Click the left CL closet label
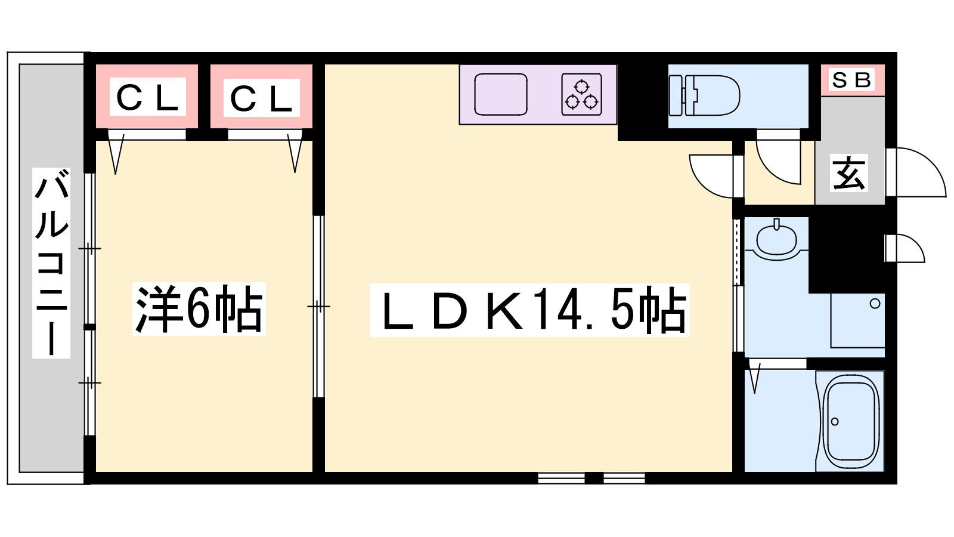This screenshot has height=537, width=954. click(x=147, y=97)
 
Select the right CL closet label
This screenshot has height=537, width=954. click(x=262, y=98)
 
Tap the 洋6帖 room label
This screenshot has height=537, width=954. click(x=199, y=308)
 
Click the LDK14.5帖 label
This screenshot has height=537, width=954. click(x=529, y=310)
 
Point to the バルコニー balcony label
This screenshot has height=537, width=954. click(x=51, y=263)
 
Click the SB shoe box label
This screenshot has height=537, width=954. click(x=851, y=80)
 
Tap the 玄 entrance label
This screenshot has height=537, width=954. click(x=849, y=172)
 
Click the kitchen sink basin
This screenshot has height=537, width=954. click(x=501, y=94)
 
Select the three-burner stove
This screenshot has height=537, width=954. click(x=582, y=94)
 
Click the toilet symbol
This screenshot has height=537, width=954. click(x=704, y=95)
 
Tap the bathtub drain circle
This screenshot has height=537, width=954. click(x=835, y=421)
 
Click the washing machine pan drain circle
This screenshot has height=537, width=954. click(x=875, y=304)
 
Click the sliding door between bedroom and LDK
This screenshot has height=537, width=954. click(x=318, y=307)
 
